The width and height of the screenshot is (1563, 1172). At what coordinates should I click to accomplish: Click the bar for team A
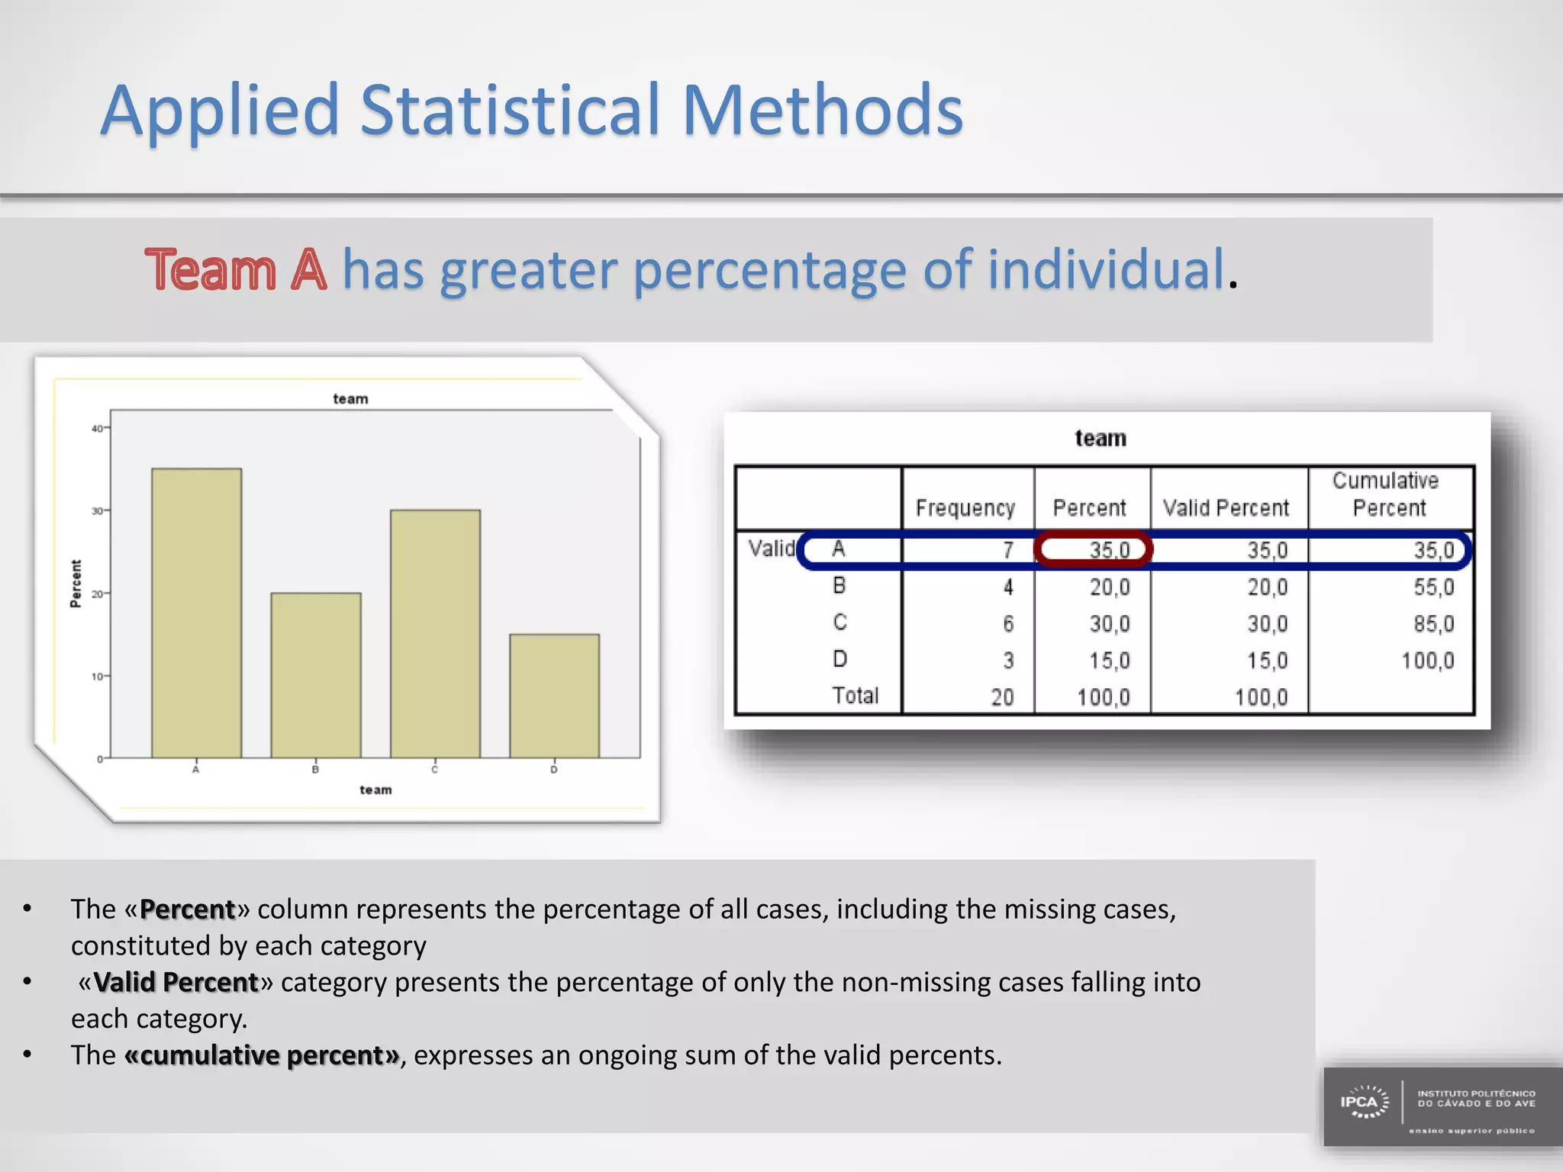pos(196,613)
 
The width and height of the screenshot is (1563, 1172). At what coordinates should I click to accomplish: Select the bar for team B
pos(315,675)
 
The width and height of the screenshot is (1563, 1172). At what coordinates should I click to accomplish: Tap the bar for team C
pos(435,633)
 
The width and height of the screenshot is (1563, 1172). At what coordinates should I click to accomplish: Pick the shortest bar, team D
pos(554,695)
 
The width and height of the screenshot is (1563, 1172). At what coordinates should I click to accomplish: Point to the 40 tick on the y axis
pos(98,429)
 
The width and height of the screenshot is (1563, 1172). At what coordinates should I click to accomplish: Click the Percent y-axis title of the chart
pos(75,584)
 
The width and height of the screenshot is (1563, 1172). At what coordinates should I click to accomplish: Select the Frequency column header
pos(965,508)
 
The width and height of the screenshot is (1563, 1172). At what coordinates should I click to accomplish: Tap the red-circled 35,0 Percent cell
pos(1093,549)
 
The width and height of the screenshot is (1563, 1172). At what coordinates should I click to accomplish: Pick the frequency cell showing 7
pos(1007,550)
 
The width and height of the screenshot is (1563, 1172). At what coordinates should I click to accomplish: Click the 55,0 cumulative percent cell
pos(1433,587)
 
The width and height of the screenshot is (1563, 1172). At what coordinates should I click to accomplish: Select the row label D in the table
pos(840,659)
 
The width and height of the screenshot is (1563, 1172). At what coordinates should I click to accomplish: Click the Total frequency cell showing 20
pos(1001,697)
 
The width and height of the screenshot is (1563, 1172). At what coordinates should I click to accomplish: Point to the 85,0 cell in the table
pos(1433,623)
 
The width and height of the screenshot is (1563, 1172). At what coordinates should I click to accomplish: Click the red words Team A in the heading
pos(236,270)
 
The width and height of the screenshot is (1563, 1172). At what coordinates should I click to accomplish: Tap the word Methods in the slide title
pos(822,111)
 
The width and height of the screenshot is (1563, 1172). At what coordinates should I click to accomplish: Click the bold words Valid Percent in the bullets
pos(176,982)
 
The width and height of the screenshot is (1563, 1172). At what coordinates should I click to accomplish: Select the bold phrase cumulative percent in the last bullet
pos(262,1055)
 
